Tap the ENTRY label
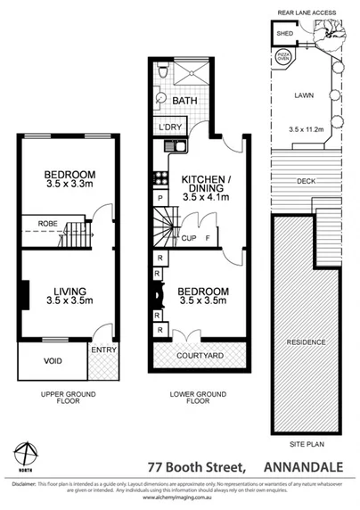coord(104,350)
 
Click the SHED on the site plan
coord(284,35)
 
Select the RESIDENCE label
coord(305,342)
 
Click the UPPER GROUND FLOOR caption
coord(70,397)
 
